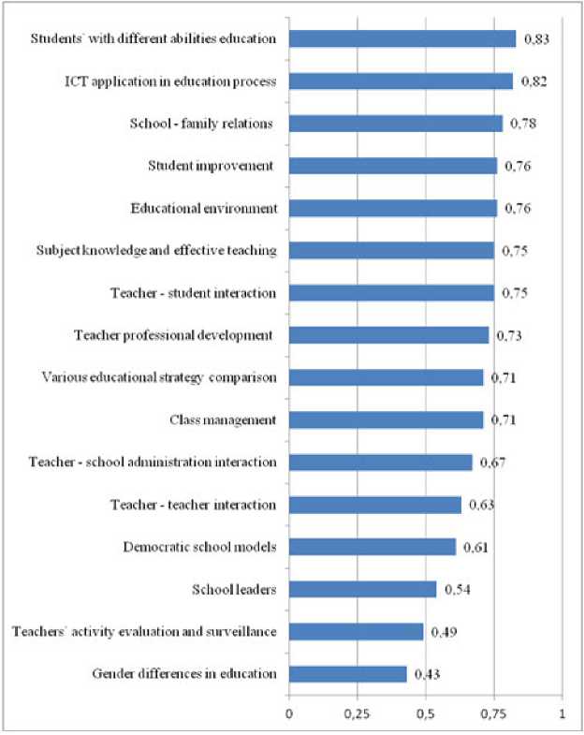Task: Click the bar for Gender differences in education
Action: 347,674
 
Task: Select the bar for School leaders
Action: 362,589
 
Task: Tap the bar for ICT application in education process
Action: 401,81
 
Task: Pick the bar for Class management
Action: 386,419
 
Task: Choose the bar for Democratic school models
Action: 372,547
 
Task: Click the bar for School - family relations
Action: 395,124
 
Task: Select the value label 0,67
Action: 493,463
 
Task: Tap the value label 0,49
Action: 443,632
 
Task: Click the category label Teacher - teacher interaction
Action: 198,505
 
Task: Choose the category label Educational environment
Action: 204,208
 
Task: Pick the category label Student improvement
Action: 212,166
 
